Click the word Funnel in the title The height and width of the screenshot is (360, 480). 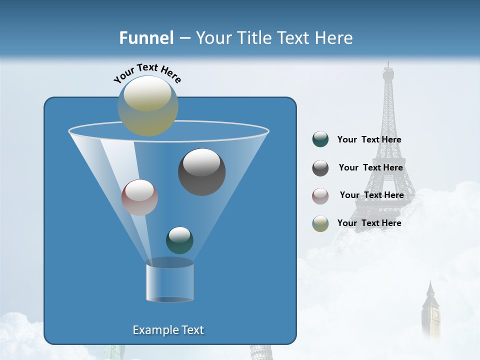pos(146,38)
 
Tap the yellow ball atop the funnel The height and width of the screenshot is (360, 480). pos(147,105)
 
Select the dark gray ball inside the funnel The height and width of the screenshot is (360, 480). pos(201,172)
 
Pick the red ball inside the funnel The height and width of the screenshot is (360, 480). pos(139,197)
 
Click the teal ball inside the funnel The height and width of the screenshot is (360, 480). pos(179,240)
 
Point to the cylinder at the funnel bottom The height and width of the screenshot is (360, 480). pos(169,281)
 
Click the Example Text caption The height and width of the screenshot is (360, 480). pos(168,330)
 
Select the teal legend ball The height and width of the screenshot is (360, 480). pos(320,139)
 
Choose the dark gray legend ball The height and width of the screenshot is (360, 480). pos(320,168)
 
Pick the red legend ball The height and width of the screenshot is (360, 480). pos(320,196)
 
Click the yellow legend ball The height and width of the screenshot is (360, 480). pos(320,223)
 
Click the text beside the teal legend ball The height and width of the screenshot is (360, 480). pos(369,139)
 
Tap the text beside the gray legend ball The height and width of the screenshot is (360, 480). pos(370,167)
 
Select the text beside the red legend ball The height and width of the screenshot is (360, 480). pos(371,195)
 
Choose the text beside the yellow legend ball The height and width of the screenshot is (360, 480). pos(369,223)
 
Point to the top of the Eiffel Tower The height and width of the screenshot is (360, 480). pos(388,64)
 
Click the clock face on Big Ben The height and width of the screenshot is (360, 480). pos(435,314)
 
